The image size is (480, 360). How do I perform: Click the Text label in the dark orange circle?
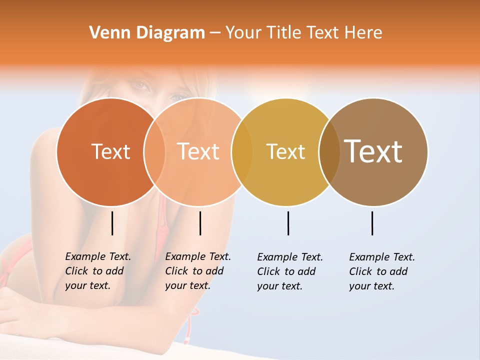(110, 151)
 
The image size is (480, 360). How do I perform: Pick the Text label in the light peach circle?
(198, 151)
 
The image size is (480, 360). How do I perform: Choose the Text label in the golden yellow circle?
(285, 151)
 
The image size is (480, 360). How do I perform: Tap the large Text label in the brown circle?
(373, 151)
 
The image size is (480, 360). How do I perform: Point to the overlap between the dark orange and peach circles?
(154, 151)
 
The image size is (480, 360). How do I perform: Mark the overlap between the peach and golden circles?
(242, 151)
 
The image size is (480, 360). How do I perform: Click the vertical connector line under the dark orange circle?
(112, 223)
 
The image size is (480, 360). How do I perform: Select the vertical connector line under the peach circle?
(200, 223)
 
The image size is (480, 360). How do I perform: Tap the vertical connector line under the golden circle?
(288, 223)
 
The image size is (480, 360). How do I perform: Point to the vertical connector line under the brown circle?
(372, 223)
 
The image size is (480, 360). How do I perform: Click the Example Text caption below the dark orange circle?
(98, 271)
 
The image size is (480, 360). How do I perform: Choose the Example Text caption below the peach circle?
(198, 271)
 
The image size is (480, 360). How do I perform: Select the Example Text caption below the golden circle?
(290, 271)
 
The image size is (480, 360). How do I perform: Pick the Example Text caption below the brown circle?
(382, 271)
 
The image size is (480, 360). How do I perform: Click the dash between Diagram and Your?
(215, 33)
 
